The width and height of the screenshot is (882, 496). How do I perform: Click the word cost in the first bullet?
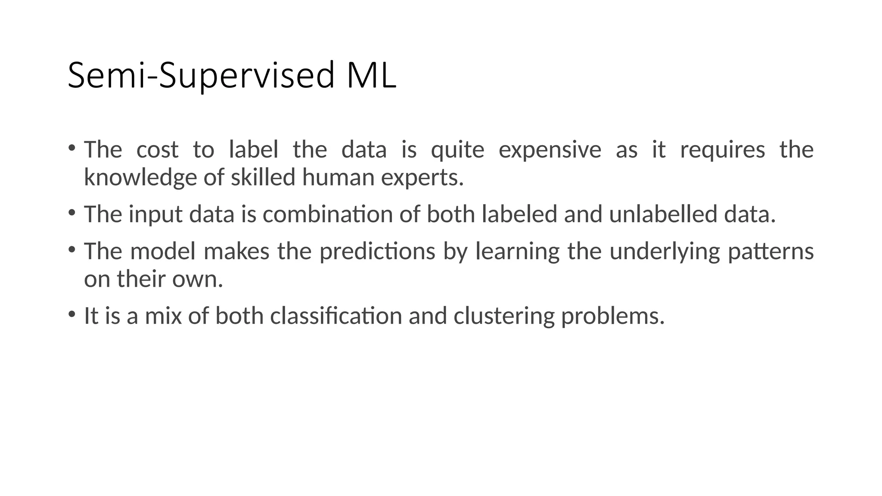click(157, 150)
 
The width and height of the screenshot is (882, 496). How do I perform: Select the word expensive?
click(550, 150)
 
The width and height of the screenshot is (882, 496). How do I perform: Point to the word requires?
click(722, 150)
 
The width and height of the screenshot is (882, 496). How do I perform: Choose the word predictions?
click(377, 251)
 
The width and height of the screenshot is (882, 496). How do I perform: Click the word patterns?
click(770, 251)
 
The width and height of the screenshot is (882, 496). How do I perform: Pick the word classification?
click(336, 316)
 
